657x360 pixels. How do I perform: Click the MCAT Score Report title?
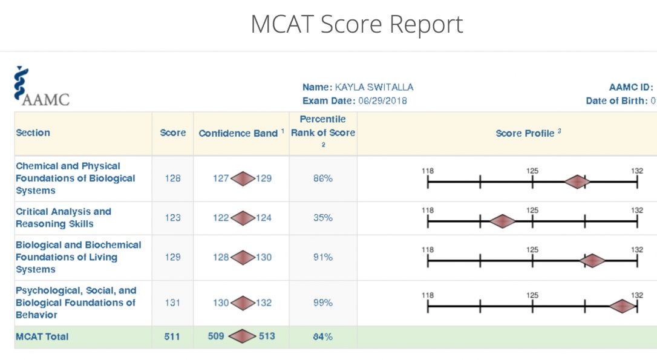pos(357,24)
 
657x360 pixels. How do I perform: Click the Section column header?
pos(33,133)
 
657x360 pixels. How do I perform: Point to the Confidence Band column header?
pos(241,133)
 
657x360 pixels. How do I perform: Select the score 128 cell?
pos(172,178)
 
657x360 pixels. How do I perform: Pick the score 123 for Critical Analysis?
pos(172,217)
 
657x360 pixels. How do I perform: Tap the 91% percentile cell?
pos(322,257)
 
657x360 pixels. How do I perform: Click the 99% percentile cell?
pos(322,303)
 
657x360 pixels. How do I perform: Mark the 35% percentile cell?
pos(322,217)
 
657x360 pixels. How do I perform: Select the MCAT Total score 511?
pos(172,336)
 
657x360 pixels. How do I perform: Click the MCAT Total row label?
pos(42,336)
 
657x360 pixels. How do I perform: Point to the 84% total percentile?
pos(322,336)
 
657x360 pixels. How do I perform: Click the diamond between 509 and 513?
pos(243,336)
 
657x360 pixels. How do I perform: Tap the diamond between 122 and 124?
pos(243,218)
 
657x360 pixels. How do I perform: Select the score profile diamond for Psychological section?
pos(622,307)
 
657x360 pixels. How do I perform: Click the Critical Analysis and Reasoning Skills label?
pos(64,217)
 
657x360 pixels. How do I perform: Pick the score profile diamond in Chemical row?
pos(577,182)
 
